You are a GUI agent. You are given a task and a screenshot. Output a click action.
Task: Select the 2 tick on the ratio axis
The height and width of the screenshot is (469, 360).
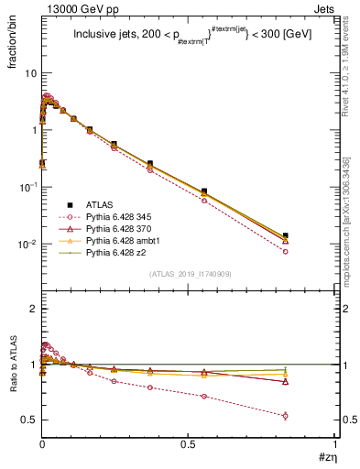[x=32, y=310]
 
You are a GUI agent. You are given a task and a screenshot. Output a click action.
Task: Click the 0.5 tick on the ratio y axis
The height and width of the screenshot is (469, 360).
[x=28, y=420]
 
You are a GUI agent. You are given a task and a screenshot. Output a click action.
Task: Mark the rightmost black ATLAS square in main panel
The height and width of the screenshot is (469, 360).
[x=311, y=235]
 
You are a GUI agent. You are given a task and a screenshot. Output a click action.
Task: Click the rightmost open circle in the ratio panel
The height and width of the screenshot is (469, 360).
[x=311, y=415]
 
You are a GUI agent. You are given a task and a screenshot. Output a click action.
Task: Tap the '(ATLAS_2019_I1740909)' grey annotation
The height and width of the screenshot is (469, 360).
[x=189, y=275]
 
